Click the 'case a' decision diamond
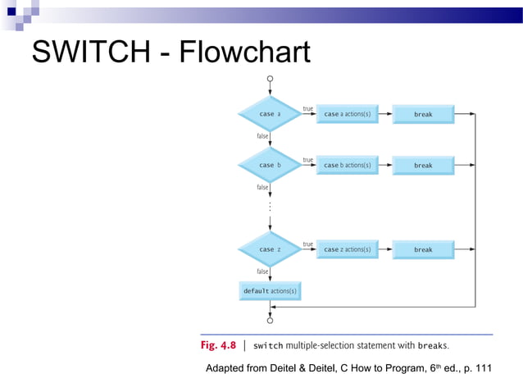[x=270, y=114]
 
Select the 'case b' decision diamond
[x=270, y=165]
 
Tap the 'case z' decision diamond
[x=270, y=249]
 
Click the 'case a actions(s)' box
[x=348, y=115]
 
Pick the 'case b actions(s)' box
[x=348, y=166]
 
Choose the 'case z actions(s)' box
[x=348, y=249]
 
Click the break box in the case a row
[x=423, y=115]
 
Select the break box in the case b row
[x=423, y=166]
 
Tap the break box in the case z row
[x=423, y=249]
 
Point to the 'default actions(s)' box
[x=270, y=291]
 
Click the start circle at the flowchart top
[x=270, y=80]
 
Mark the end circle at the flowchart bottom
[x=270, y=321]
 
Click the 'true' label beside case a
[x=308, y=109]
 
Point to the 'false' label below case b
[x=263, y=187]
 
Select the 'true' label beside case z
[x=308, y=244]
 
